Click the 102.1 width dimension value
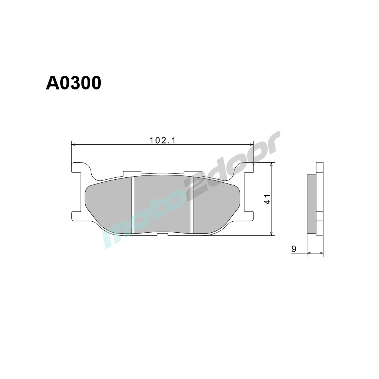[162, 140]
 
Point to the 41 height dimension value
[268, 199]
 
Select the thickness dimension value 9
[294, 249]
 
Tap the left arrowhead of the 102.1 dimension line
[74, 144]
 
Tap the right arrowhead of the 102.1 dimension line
[251, 144]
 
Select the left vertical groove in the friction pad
[133, 205]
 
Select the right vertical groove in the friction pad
[191, 205]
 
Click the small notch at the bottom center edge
[162, 235]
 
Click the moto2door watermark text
[193, 189]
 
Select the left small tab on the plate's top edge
[129, 173]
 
